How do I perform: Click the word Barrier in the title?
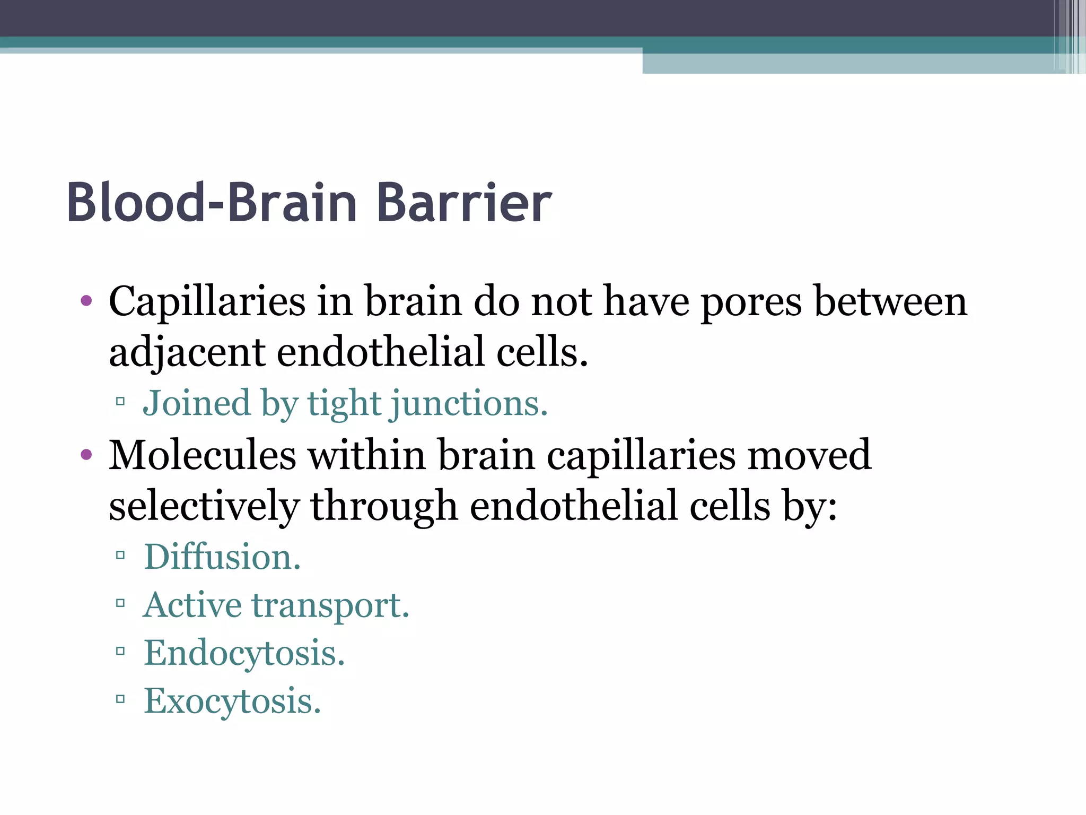point(464,203)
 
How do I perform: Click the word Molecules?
point(202,455)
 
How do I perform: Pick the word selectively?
point(204,506)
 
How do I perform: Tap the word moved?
point(809,455)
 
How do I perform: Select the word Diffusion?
point(222,557)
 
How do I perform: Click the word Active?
point(192,605)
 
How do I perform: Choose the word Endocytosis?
point(244,653)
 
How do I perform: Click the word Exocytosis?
point(232,701)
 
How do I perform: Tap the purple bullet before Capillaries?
point(86,301)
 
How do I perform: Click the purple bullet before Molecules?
point(86,455)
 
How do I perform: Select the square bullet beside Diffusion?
point(120,556)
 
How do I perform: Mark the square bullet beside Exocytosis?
point(120,699)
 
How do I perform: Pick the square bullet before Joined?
point(120,402)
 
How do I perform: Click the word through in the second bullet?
point(384,506)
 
